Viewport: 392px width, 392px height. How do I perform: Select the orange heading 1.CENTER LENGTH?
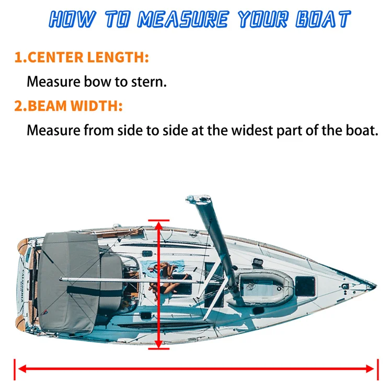point(82,57)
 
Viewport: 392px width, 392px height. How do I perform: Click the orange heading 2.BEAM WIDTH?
point(68,106)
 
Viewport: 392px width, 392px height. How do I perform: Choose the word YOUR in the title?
point(258,20)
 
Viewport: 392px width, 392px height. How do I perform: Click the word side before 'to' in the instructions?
point(131,130)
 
